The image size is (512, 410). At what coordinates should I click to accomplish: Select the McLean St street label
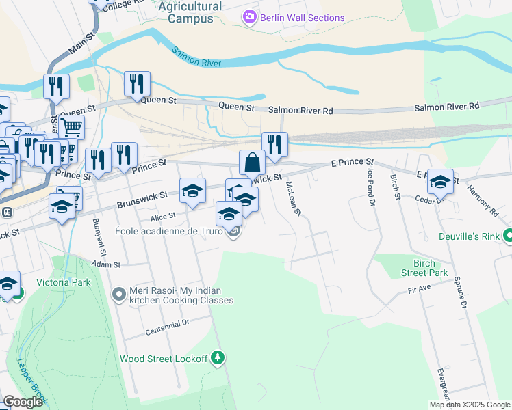click(293, 199)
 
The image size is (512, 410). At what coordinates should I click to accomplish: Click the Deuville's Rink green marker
click(507, 238)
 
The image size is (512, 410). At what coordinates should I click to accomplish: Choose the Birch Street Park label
click(424, 268)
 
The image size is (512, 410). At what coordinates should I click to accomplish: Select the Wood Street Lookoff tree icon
click(218, 357)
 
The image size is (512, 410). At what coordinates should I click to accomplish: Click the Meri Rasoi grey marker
click(119, 295)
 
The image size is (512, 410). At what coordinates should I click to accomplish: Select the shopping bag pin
click(252, 163)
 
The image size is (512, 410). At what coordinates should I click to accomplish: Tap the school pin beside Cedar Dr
click(441, 182)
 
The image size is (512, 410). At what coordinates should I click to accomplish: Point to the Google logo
click(23, 402)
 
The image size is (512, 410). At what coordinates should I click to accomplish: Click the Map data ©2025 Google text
click(469, 405)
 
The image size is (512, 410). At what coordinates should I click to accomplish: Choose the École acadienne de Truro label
click(168, 232)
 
